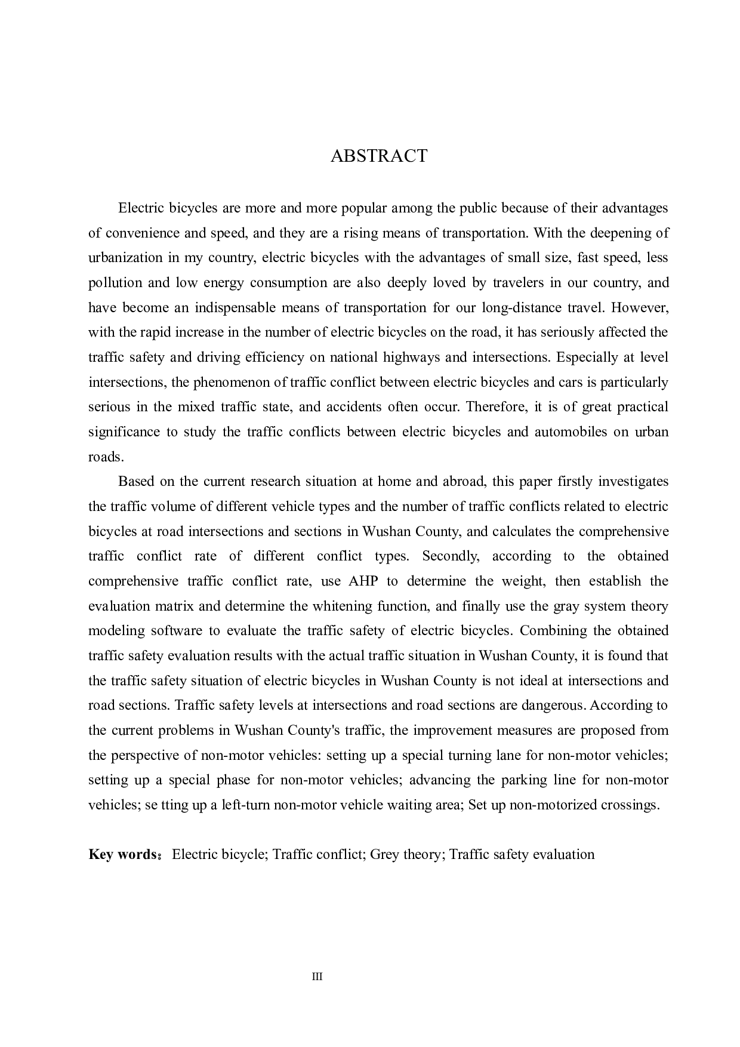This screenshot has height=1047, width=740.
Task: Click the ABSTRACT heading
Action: (x=379, y=156)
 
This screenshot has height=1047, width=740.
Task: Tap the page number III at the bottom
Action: (x=317, y=977)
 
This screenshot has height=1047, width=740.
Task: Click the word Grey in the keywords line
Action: (x=384, y=854)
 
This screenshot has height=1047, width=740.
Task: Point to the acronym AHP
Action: (x=363, y=581)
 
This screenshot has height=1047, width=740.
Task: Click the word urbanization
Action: (x=125, y=258)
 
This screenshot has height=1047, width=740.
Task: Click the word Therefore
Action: (x=493, y=407)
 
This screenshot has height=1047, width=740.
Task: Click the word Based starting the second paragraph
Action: (x=136, y=482)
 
